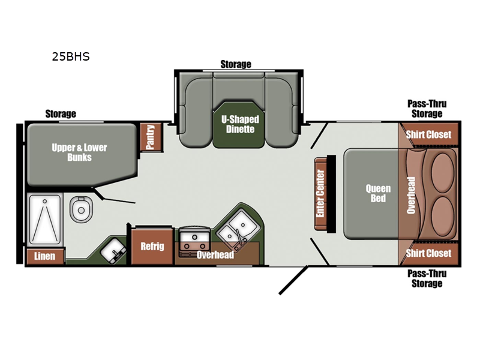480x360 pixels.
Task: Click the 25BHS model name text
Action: tap(71, 56)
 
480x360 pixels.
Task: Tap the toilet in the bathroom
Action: tap(81, 209)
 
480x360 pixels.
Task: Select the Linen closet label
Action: tap(44, 256)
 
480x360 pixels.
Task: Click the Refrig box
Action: tap(152, 247)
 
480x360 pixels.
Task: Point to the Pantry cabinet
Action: tap(151, 137)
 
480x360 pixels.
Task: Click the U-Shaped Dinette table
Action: tap(239, 125)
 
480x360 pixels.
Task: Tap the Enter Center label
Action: tap(320, 193)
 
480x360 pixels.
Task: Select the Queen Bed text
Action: tap(378, 193)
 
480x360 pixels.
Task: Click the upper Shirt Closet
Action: tap(428, 134)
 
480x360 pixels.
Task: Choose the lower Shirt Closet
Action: tap(428, 253)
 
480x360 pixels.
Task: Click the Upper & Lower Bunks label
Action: tap(79, 152)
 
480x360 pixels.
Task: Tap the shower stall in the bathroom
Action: tap(45, 220)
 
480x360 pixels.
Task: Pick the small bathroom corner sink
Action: tap(113, 251)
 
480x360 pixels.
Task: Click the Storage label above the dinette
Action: tap(236, 64)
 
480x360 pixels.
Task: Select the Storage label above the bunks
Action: tap(61, 114)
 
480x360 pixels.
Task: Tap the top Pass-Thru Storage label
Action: tap(427, 109)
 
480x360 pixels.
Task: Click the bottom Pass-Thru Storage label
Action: tap(427, 278)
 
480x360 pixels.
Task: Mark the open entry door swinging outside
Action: tap(293, 280)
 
